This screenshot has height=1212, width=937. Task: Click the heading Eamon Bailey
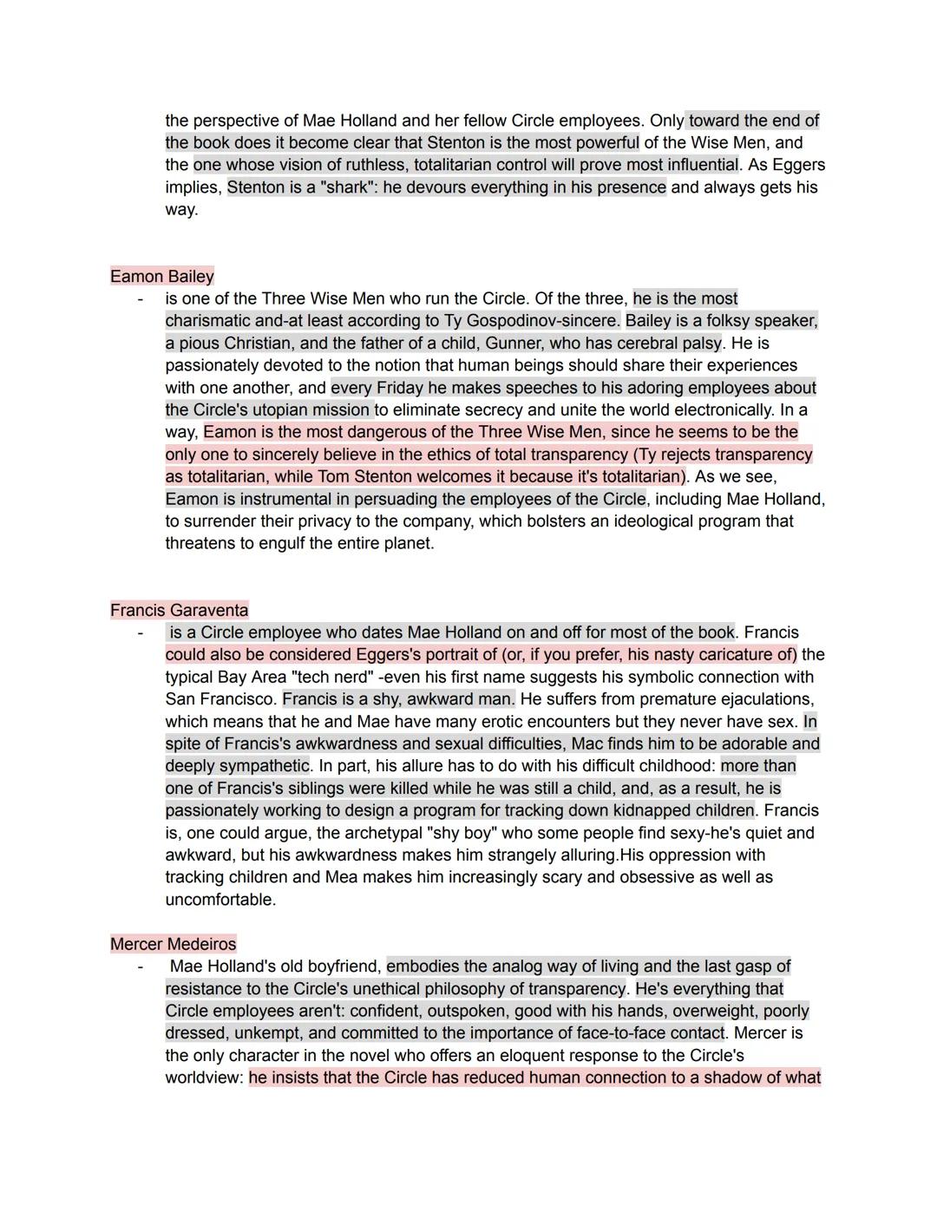pyautogui.click(x=161, y=276)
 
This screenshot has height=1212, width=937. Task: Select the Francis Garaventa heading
pyautogui.click(x=179, y=610)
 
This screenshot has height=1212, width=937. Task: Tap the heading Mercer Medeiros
pyautogui.click(x=173, y=944)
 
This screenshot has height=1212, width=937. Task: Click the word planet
pyautogui.click(x=403, y=544)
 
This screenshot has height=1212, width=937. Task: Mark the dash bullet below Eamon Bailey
pyautogui.click(x=139, y=299)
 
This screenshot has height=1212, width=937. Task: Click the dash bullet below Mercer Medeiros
pyautogui.click(x=139, y=966)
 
